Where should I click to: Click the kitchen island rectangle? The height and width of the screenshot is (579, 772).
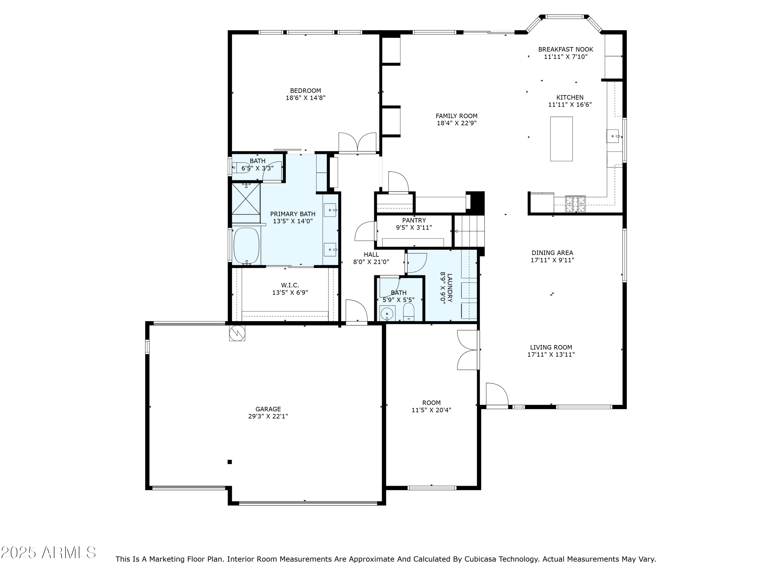click(x=561, y=139)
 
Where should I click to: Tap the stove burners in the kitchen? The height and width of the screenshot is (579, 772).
click(x=575, y=204)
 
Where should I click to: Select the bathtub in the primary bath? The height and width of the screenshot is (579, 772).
click(x=247, y=246)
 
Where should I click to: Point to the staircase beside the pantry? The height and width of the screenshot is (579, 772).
click(x=469, y=231)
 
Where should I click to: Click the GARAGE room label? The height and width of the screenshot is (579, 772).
click(x=268, y=409)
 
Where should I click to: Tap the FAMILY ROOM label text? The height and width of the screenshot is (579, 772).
click(x=457, y=116)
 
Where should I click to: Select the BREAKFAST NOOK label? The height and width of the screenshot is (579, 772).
click(x=566, y=50)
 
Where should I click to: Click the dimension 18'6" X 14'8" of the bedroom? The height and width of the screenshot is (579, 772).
click(x=306, y=98)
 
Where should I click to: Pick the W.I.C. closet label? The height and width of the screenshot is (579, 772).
click(x=290, y=285)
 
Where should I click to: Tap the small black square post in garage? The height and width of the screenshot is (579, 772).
click(x=230, y=462)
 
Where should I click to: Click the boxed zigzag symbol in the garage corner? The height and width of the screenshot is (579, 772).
click(x=237, y=333)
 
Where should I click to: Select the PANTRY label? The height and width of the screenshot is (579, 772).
click(x=414, y=220)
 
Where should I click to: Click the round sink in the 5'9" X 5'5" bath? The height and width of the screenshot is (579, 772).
click(x=387, y=314)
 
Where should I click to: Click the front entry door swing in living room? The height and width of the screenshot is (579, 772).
click(x=497, y=394)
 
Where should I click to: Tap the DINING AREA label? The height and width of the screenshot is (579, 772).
click(x=552, y=253)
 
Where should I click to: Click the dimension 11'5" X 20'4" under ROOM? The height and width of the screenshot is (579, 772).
click(x=431, y=410)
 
